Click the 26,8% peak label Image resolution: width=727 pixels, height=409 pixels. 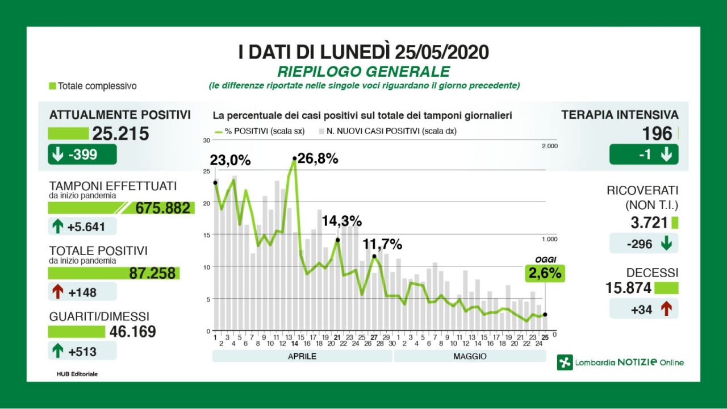(317, 159)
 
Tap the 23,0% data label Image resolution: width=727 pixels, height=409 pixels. (231, 160)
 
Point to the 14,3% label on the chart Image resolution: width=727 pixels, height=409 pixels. (341, 221)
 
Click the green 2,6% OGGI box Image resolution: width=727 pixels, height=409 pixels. (545, 273)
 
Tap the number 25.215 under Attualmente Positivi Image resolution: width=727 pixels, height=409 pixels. (120, 134)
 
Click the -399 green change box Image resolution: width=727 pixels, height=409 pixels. (82, 155)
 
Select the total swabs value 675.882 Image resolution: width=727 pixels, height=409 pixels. (162, 208)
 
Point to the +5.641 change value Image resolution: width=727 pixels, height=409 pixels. (86, 227)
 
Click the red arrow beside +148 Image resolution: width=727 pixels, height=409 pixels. (57, 292)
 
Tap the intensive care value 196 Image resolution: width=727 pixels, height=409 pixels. (657, 134)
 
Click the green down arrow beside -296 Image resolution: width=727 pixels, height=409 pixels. (666, 244)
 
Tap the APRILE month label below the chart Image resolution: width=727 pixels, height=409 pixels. (302, 356)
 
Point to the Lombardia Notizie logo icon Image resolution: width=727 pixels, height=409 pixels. (565, 362)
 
